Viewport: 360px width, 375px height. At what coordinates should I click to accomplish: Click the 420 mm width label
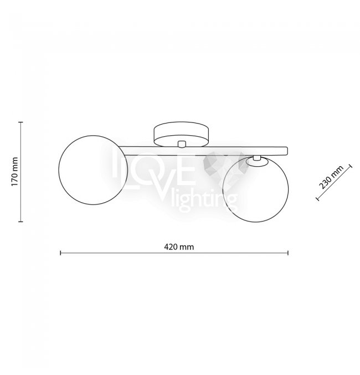179,246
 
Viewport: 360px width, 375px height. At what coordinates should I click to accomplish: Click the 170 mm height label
14,172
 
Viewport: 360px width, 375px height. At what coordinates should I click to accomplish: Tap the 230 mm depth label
331,177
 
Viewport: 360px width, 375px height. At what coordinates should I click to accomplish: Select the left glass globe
93,170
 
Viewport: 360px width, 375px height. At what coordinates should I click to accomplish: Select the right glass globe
255,189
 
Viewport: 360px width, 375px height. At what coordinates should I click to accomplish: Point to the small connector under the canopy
182,143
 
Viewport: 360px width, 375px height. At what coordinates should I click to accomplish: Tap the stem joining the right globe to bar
257,158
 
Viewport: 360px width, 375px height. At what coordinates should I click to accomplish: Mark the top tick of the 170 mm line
21,122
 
